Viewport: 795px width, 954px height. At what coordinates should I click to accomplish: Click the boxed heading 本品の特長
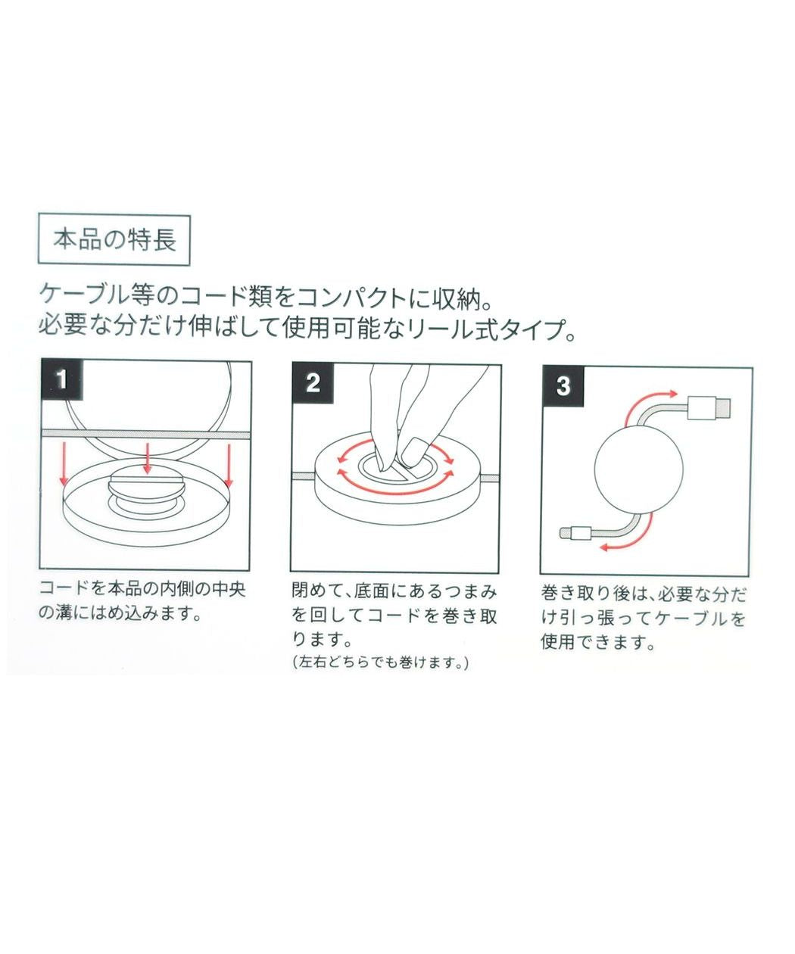[114, 240]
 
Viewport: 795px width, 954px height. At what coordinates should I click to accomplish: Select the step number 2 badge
[313, 382]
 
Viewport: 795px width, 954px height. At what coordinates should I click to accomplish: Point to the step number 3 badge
[563, 385]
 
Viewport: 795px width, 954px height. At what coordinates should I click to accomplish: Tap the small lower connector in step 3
[577, 533]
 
